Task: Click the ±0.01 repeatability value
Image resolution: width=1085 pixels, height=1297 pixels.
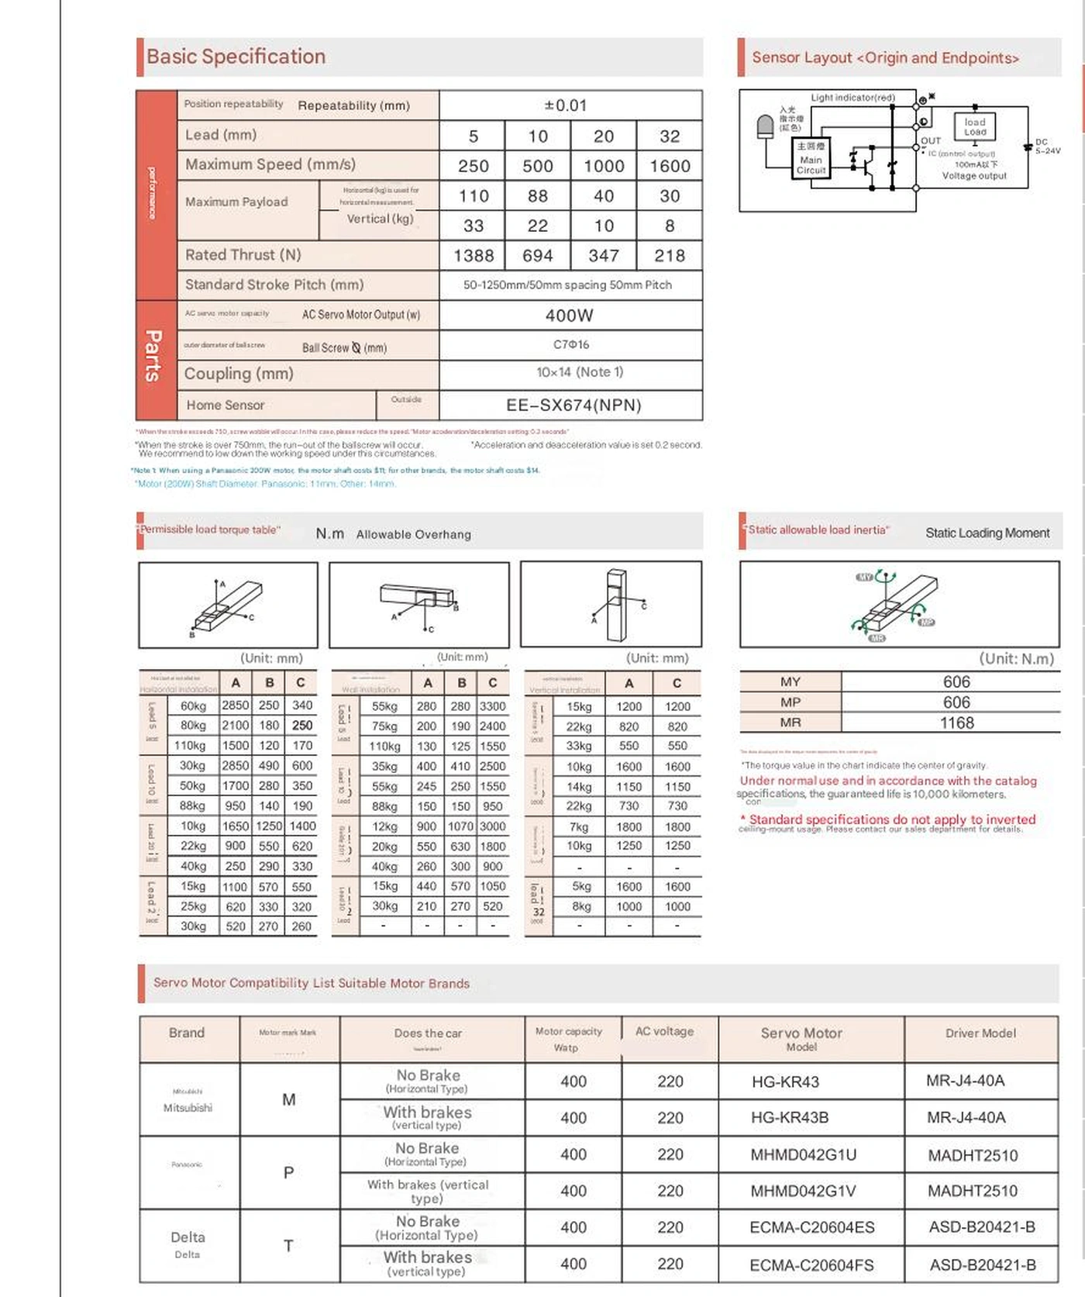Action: (x=566, y=105)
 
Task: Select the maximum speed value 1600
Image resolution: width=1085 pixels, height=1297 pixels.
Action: (x=670, y=166)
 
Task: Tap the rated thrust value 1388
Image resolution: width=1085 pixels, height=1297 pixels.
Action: (x=474, y=256)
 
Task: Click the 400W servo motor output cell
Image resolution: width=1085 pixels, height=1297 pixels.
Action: (x=570, y=316)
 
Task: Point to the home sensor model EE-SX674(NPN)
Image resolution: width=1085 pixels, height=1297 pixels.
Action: (x=573, y=405)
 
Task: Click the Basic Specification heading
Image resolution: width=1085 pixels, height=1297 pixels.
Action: (x=236, y=57)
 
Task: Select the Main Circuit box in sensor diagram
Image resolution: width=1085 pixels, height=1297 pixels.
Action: (x=811, y=158)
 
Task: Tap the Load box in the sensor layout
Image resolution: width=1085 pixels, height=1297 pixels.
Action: (x=975, y=126)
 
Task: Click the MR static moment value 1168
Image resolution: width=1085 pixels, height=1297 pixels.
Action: (x=956, y=723)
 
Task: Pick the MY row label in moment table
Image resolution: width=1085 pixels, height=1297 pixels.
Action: (x=790, y=681)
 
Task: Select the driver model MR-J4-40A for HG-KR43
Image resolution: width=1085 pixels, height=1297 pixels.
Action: (x=965, y=1081)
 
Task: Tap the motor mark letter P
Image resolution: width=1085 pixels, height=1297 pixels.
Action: (x=288, y=1172)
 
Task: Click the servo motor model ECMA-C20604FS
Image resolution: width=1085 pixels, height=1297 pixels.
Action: (x=811, y=1265)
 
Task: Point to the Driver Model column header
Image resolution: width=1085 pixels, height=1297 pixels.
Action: (x=980, y=1033)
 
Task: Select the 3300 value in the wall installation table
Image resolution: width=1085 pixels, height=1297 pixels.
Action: (x=492, y=706)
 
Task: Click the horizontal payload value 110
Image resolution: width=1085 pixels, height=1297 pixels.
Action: (x=474, y=196)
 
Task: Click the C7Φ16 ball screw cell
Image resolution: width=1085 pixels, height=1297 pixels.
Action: (x=571, y=344)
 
